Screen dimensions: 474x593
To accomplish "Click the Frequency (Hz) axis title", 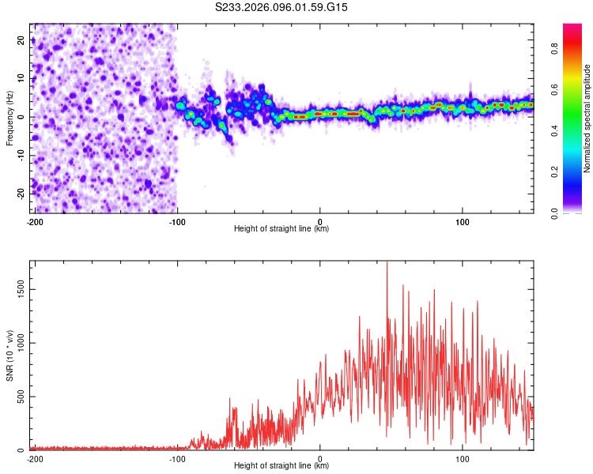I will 9,118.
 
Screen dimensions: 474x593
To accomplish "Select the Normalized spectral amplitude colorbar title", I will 587,118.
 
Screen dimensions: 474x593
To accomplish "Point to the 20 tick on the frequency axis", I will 21,39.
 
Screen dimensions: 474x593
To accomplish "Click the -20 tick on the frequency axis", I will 21,194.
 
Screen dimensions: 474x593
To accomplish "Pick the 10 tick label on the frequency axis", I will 21,78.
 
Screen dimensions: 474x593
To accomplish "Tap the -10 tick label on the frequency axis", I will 19,155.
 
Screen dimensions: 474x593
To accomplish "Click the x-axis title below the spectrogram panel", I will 282,229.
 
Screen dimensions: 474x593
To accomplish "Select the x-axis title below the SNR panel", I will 282,466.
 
